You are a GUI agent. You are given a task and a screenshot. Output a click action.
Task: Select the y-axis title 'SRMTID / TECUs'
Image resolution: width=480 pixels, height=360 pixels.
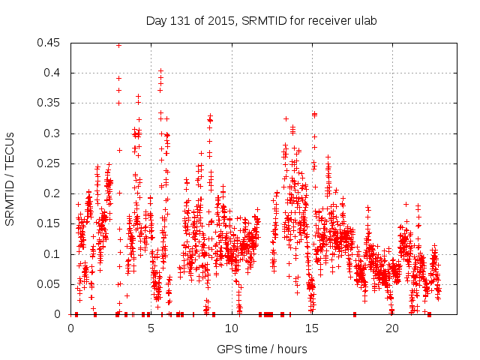click(10, 178)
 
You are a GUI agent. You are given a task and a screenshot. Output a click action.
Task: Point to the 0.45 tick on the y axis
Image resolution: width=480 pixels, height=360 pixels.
click(52, 43)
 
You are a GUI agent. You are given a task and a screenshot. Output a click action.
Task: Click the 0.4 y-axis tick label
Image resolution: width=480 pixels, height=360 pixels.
click(55, 73)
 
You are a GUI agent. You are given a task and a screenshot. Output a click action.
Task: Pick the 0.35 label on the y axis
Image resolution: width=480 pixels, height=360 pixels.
click(52, 103)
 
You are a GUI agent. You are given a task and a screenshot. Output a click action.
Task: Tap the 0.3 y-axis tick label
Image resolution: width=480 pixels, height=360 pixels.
click(55, 133)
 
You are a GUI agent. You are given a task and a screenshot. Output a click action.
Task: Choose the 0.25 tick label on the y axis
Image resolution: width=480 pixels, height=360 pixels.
click(52, 163)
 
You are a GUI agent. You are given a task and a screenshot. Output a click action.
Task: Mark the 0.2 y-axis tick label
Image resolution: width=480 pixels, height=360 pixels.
click(55, 193)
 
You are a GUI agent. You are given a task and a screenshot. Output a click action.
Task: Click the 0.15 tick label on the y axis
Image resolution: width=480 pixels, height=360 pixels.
click(52, 223)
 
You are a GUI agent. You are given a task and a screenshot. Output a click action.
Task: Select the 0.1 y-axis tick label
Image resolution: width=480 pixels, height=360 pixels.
click(55, 254)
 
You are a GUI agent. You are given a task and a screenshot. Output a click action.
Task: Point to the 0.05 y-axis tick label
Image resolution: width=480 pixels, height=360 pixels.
click(52, 284)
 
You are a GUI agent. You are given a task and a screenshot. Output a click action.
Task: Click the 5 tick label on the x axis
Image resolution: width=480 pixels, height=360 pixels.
click(151, 328)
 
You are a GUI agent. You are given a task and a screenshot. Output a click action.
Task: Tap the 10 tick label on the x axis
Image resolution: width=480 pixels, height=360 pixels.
click(232, 328)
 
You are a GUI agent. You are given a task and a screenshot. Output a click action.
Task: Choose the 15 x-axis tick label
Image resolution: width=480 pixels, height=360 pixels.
click(312, 328)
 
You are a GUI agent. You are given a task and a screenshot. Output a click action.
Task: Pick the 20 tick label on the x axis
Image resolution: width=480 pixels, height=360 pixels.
click(392, 328)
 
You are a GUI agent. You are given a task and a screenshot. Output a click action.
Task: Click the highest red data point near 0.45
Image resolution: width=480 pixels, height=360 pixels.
click(118, 45)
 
